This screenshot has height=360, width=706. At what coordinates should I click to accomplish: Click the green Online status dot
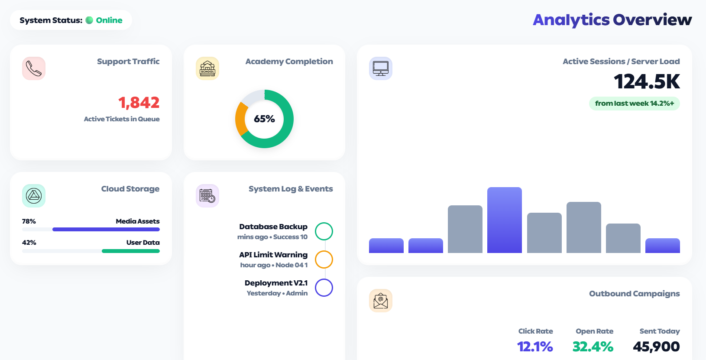tap(89, 20)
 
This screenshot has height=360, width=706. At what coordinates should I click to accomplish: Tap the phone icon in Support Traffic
tap(34, 68)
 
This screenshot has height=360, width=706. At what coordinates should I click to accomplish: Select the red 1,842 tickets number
tap(139, 103)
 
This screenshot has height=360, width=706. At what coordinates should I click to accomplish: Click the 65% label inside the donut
tap(264, 119)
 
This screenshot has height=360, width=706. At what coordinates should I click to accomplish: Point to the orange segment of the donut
tap(241, 120)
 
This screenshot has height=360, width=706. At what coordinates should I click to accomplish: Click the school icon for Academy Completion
tap(207, 68)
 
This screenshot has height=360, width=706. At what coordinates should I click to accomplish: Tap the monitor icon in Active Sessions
tap(381, 68)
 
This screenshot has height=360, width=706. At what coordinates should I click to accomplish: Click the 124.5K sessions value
tap(647, 82)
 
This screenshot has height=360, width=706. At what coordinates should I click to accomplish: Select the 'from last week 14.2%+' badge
tap(634, 104)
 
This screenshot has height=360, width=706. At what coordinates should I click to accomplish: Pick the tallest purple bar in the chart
tap(504, 220)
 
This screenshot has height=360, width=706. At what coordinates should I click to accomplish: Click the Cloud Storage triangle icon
tap(34, 196)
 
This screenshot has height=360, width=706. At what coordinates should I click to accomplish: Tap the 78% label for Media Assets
tap(29, 221)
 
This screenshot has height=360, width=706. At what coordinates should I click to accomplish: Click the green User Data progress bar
tap(130, 251)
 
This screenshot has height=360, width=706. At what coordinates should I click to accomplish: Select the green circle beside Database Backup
tap(324, 231)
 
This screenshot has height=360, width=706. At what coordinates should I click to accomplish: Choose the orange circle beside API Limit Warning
tap(324, 259)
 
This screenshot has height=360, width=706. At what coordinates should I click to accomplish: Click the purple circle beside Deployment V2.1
tap(324, 288)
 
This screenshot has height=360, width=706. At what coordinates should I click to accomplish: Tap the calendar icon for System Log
tap(207, 196)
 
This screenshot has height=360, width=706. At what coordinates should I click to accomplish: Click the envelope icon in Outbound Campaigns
tap(381, 301)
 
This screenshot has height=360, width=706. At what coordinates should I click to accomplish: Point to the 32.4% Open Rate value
tap(593, 347)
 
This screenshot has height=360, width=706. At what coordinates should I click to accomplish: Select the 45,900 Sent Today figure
tap(656, 347)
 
